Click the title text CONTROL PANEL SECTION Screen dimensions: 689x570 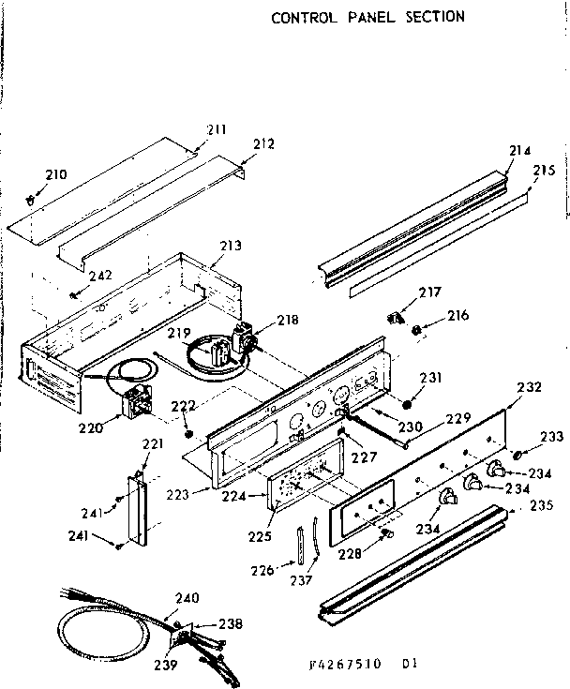367,17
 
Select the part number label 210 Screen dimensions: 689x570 57,174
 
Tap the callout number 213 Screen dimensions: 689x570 231,246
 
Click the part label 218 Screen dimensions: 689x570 289,321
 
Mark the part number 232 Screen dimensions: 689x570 530,386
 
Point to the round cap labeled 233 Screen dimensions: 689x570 517,455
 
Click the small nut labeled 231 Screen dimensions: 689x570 408,405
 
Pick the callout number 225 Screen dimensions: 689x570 260,536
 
